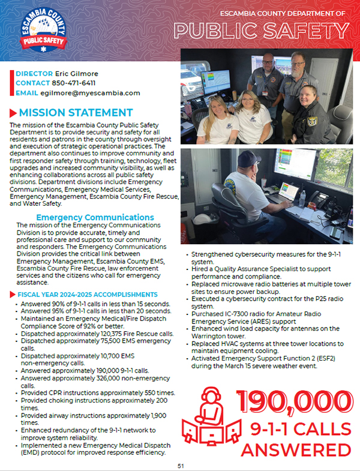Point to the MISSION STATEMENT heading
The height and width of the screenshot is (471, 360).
coord(76,113)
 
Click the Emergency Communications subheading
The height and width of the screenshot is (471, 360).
coord(95,217)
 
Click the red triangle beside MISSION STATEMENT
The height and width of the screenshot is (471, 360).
coord(14,113)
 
